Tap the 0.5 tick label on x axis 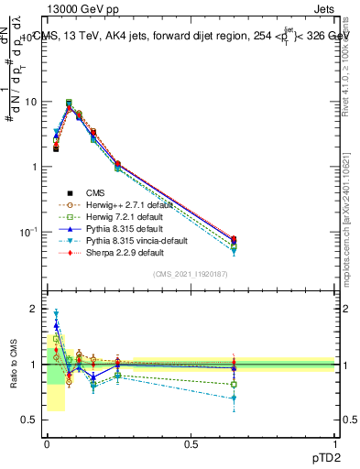191,444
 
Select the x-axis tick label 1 334,444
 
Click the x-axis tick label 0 47,444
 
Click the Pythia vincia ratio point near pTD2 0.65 234,398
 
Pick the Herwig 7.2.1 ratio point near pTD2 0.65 234,384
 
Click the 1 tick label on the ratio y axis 35,365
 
